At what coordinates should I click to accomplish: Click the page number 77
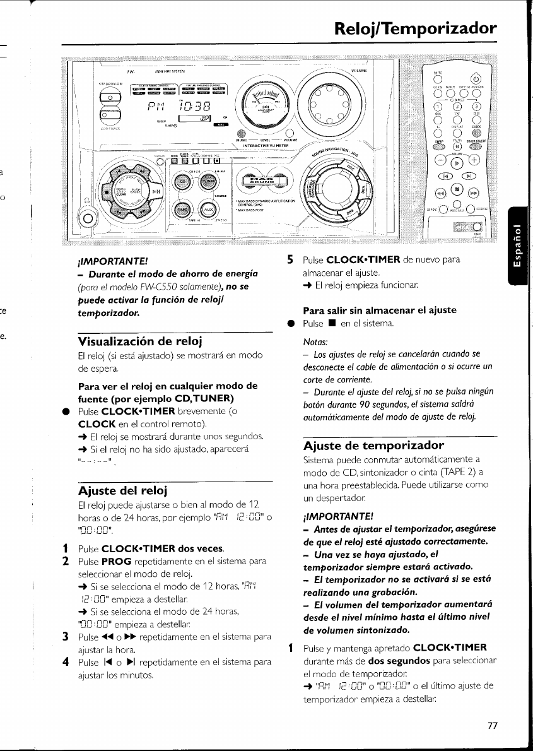point(493,725)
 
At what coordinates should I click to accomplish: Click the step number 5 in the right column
point(290,259)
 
